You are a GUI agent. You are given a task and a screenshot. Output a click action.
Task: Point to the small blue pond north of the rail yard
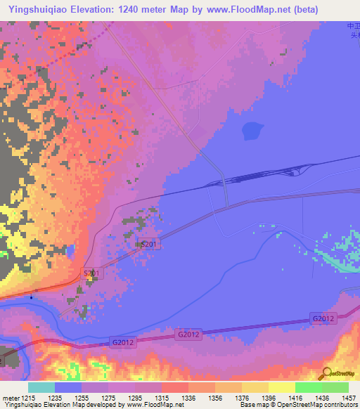click(x=252, y=131)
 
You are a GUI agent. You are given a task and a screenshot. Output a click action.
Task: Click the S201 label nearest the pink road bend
click(x=94, y=273)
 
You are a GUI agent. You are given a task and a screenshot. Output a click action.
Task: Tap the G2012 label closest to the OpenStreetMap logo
click(x=323, y=319)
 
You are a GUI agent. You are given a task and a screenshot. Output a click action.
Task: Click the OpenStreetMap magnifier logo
click(x=326, y=373)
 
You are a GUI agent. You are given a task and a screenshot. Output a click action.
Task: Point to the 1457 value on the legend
click(x=349, y=398)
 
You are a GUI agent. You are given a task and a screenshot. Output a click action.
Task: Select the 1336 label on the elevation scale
click(x=189, y=398)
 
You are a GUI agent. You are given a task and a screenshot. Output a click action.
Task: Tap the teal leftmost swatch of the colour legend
click(x=41, y=387)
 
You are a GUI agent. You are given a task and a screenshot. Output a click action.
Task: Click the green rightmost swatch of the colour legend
click(x=335, y=387)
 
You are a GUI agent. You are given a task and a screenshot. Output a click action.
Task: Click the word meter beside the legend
click(x=11, y=398)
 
